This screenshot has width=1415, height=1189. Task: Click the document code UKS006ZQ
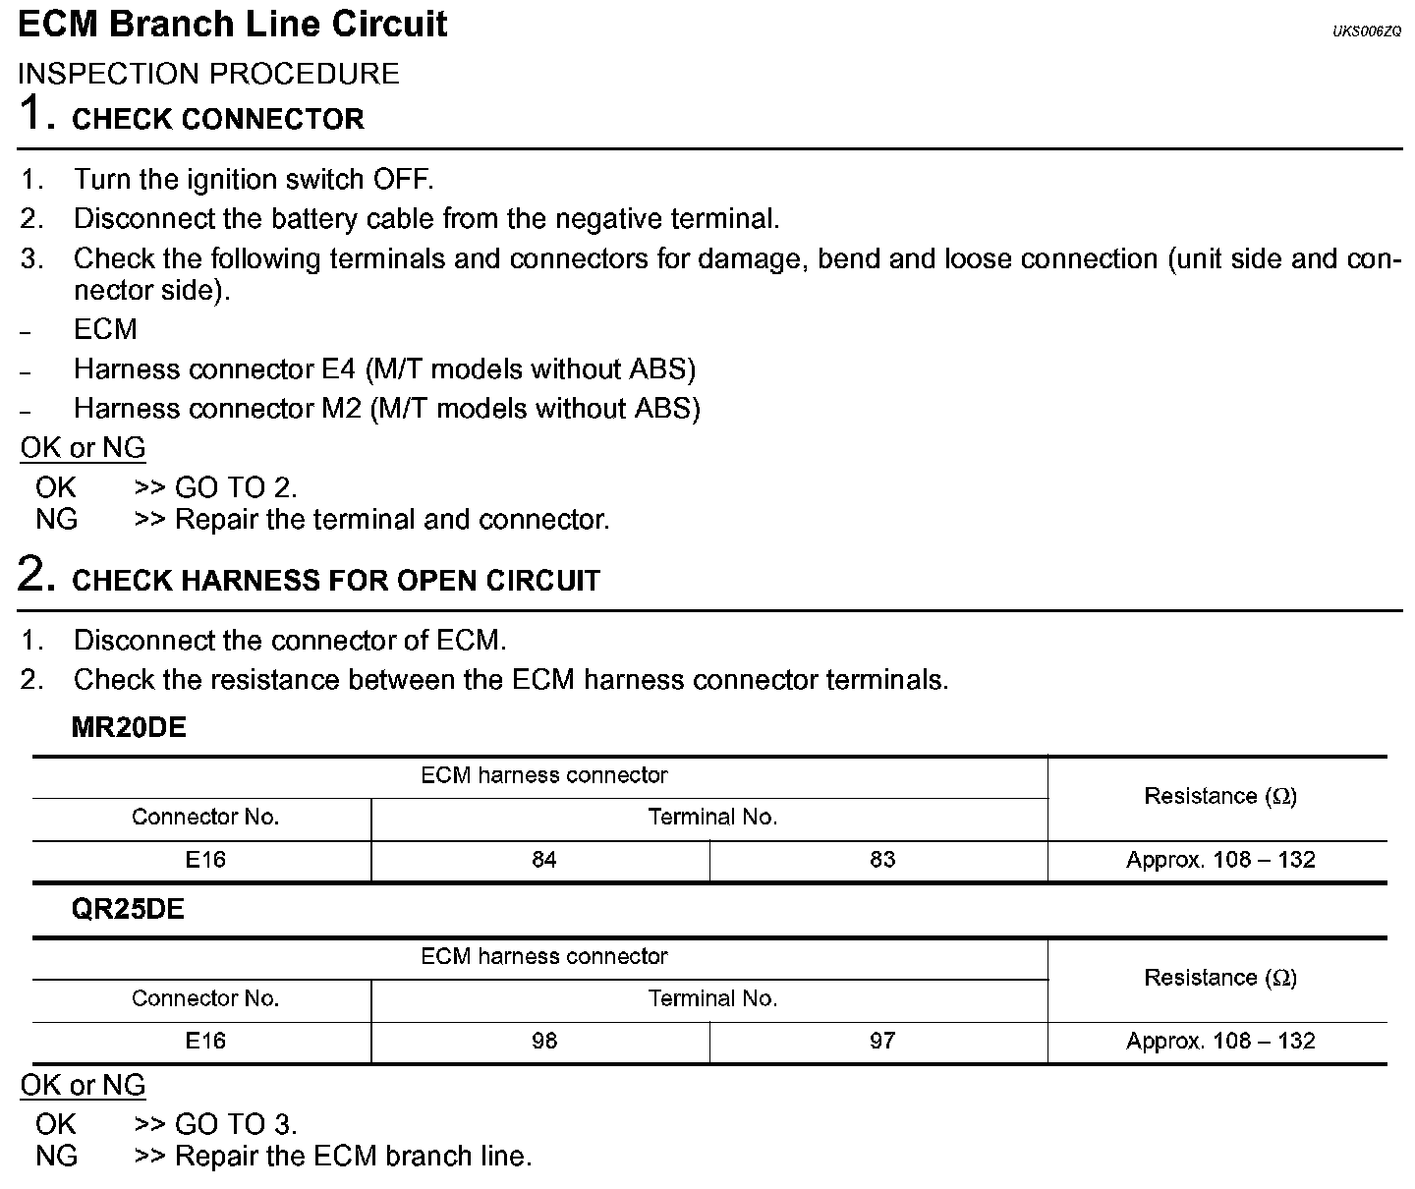(x=1367, y=31)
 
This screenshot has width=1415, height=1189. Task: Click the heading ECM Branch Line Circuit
(x=233, y=25)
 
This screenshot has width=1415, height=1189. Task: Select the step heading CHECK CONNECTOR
(x=218, y=119)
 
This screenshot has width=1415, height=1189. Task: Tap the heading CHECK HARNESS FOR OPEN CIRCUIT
(x=336, y=580)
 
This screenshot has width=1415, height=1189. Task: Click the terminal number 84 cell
(x=543, y=860)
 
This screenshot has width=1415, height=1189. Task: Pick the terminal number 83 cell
(x=882, y=860)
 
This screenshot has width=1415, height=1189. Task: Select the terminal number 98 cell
(x=543, y=1042)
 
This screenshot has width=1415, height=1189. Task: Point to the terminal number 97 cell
(x=882, y=1042)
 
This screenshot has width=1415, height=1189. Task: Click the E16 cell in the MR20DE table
(x=205, y=860)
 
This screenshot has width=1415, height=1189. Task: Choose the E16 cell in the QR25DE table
(x=205, y=1042)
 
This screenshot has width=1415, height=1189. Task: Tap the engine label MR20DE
(x=129, y=728)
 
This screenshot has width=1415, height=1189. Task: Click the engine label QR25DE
(x=128, y=910)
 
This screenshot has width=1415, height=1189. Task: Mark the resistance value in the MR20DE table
(x=1220, y=860)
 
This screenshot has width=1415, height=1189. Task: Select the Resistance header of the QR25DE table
(x=1220, y=978)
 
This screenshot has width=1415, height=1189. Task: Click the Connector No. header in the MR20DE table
(x=205, y=818)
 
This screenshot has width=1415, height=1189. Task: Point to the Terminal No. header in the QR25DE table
(x=712, y=999)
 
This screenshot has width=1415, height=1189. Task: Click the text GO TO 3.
(x=236, y=1124)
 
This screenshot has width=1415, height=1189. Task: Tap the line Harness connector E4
(x=384, y=369)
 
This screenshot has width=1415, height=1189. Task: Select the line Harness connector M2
(x=386, y=409)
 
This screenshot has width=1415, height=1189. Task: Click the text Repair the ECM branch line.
(x=353, y=1157)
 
